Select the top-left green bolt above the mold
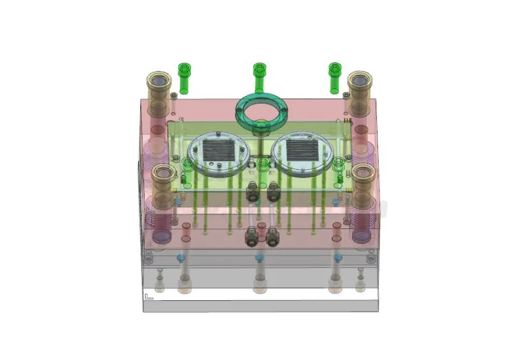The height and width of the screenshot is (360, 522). tap(184, 76)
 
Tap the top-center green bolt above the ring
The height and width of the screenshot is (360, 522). tap(258, 75)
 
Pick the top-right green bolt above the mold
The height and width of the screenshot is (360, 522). tap(334, 76)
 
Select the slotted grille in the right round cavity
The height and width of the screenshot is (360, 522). tap(301, 151)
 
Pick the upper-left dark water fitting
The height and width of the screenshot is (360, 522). tap(252, 190)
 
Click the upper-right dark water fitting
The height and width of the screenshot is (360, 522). tap(273, 190)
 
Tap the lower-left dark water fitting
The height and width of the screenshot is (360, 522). tap(252, 237)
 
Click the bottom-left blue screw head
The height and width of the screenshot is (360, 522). tap(180, 258)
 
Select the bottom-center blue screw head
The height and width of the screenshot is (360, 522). tap(259, 258)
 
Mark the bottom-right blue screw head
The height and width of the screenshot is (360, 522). tap(337, 258)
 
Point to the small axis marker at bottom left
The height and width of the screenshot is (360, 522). tap(148, 296)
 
